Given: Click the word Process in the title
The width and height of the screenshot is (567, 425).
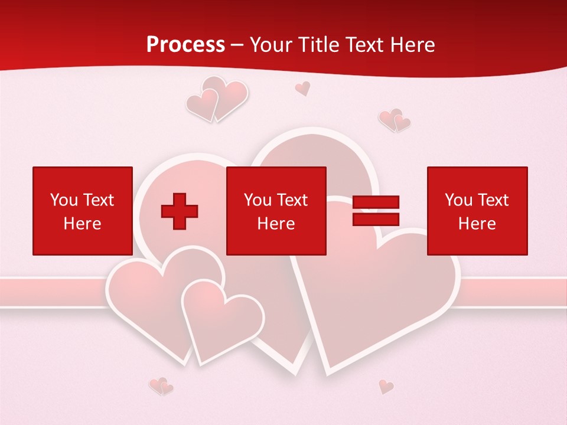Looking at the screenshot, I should pos(185,45).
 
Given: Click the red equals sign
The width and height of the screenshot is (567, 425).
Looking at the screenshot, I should pos(376,211).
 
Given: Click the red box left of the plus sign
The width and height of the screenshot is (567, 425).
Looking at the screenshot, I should pos(83,211).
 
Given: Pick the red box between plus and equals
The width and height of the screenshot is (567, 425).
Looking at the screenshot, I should pos(276,211).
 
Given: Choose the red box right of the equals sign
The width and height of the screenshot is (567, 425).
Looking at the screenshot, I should pos(477,211).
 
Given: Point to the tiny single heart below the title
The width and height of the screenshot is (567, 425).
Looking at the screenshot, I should pos(302,89).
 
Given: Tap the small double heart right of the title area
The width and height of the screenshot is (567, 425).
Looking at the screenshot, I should pos(394,120).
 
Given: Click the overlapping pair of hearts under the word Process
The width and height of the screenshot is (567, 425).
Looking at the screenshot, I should pos(216,99).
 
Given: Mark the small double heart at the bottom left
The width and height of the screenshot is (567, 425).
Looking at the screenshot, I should pos(161,386).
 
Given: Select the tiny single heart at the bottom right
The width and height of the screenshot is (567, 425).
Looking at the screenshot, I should pos(386,386).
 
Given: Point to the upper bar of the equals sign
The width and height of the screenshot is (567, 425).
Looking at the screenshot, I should pos(376,202).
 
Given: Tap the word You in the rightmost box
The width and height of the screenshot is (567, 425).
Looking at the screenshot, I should pos(458,200).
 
